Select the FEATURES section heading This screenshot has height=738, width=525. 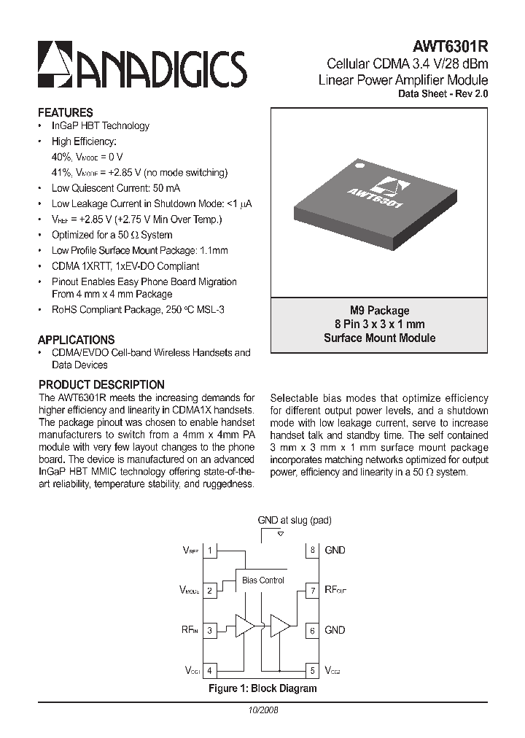[x=65, y=113]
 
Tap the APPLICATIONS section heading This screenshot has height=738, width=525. [x=76, y=340]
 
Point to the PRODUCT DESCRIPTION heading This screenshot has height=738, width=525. [x=101, y=384]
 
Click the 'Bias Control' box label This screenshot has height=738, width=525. [x=263, y=580]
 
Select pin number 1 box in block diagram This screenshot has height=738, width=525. [x=211, y=551]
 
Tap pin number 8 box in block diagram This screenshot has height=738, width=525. [x=312, y=551]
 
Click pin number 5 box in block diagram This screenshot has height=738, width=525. [x=312, y=669]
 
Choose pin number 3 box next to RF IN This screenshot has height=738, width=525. [x=211, y=630]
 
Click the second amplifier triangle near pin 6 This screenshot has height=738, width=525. [x=279, y=626]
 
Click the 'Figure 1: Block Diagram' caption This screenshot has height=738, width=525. [x=262, y=688]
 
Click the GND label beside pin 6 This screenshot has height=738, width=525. [x=335, y=630]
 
